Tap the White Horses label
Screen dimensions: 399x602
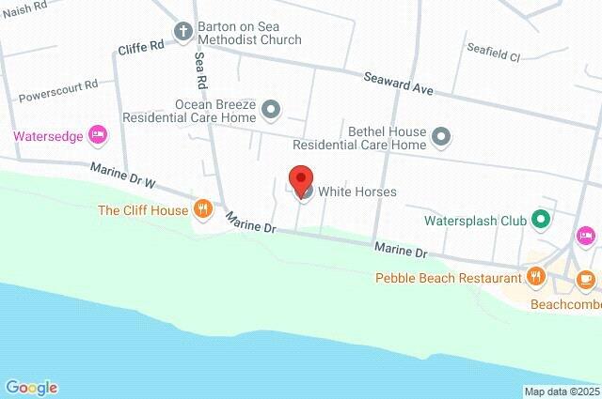(x=356, y=192)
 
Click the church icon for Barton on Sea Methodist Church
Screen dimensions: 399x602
(x=182, y=30)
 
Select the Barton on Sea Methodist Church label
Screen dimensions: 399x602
(x=249, y=33)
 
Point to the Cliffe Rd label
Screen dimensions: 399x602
(x=141, y=45)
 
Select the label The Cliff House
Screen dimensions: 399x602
(x=143, y=210)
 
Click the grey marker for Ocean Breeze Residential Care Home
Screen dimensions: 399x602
(x=271, y=111)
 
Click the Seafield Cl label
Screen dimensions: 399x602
(x=494, y=56)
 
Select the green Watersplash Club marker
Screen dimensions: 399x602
(x=540, y=222)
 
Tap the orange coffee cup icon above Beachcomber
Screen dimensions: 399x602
(x=585, y=278)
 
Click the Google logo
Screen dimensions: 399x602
(x=31, y=387)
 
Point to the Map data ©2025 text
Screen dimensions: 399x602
(x=562, y=391)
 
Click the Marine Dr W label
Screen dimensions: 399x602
(x=121, y=175)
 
